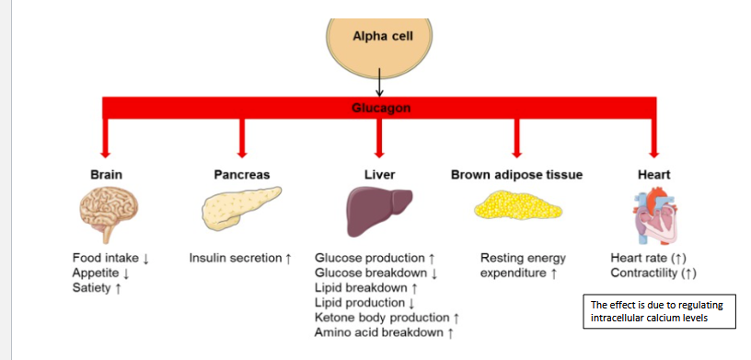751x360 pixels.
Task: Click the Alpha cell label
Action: pyautogui.click(x=383, y=36)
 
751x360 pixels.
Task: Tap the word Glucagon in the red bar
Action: pyautogui.click(x=381, y=108)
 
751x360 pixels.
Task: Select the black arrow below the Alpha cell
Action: pyautogui.click(x=379, y=82)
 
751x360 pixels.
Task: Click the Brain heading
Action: pyautogui.click(x=107, y=175)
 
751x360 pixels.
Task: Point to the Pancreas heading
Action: pyautogui.click(x=242, y=175)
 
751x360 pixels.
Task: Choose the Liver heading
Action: pyautogui.click(x=380, y=175)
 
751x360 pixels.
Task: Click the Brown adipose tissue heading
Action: pyautogui.click(x=517, y=175)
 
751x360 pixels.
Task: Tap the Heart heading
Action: pyautogui.click(x=653, y=175)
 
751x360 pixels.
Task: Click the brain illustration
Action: pyautogui.click(x=109, y=214)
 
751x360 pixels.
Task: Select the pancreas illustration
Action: pyautogui.click(x=240, y=207)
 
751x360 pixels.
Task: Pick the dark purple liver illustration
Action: pyautogui.click(x=379, y=211)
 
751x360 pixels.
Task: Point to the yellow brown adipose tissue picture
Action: pyautogui.click(x=518, y=205)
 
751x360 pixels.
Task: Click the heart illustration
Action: pyautogui.click(x=655, y=215)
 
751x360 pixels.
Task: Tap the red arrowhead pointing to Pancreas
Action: pyautogui.click(x=242, y=154)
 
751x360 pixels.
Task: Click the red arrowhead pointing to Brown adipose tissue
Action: pyautogui.click(x=516, y=154)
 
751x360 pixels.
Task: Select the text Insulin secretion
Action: pyautogui.click(x=236, y=258)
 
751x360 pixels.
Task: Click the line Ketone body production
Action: pyautogui.click(x=382, y=318)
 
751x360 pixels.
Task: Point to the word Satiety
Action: pyautogui.click(x=91, y=288)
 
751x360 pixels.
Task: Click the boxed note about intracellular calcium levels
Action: pyautogui.click(x=659, y=311)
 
